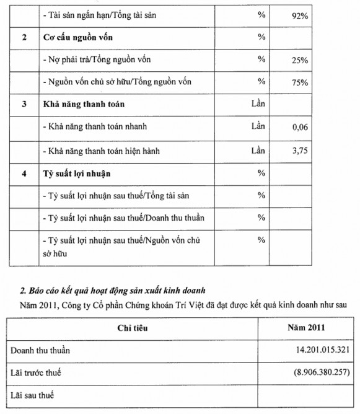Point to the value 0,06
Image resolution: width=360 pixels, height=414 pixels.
299,128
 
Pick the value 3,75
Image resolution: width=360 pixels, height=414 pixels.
299,150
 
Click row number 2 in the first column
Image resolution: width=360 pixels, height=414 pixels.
24,38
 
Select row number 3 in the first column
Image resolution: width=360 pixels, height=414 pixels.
24,105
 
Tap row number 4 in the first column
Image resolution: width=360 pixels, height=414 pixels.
24,173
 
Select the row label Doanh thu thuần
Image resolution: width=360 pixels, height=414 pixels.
40,350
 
